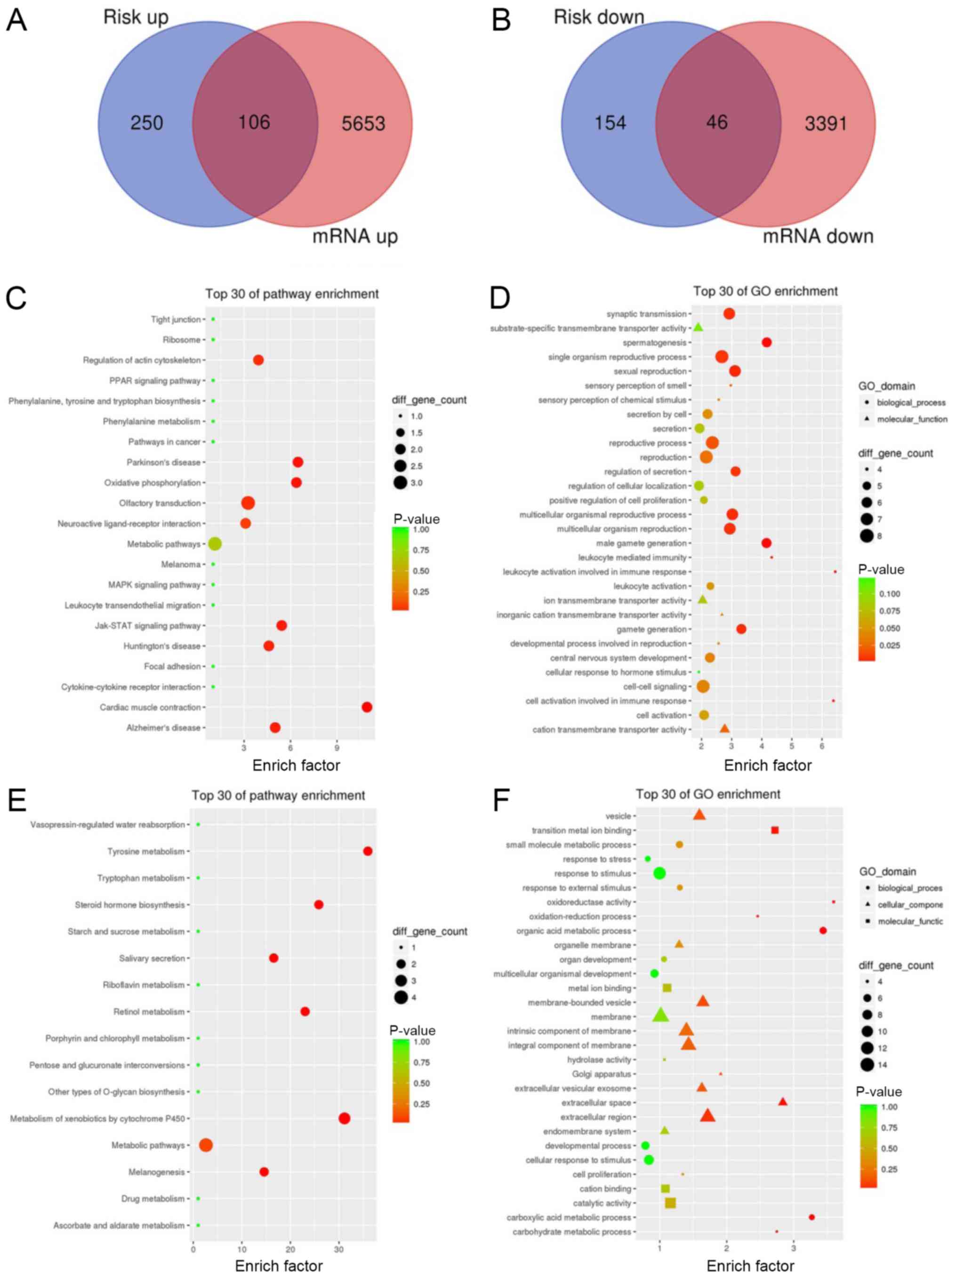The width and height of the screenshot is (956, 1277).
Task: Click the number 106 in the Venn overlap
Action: [254, 122]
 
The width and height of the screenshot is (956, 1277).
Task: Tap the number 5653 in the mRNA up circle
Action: [363, 124]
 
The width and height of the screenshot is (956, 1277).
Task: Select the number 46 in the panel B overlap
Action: [716, 122]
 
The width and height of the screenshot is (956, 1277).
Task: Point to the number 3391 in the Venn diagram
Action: [826, 124]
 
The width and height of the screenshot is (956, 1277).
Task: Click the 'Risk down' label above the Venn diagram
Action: [598, 17]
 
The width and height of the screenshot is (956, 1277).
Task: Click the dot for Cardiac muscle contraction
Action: [366, 707]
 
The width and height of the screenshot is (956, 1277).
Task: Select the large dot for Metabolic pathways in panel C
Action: [215, 544]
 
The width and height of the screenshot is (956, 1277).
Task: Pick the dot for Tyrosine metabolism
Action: [367, 851]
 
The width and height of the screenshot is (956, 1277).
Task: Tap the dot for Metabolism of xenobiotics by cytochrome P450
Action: [344, 1118]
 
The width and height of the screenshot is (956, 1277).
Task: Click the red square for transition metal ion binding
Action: [775, 830]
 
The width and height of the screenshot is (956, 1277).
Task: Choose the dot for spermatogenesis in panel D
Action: [766, 343]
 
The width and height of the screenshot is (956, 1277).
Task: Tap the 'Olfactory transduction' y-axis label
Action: [160, 503]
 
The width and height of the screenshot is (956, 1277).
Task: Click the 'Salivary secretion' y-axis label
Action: [152, 958]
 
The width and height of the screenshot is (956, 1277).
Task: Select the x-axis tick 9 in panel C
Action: [337, 748]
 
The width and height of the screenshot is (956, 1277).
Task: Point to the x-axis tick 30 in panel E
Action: [338, 1249]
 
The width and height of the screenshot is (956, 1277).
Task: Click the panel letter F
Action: [501, 801]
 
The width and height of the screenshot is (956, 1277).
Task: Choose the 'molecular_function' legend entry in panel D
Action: [912, 419]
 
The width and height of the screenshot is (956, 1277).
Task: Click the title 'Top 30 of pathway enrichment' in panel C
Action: [292, 294]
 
